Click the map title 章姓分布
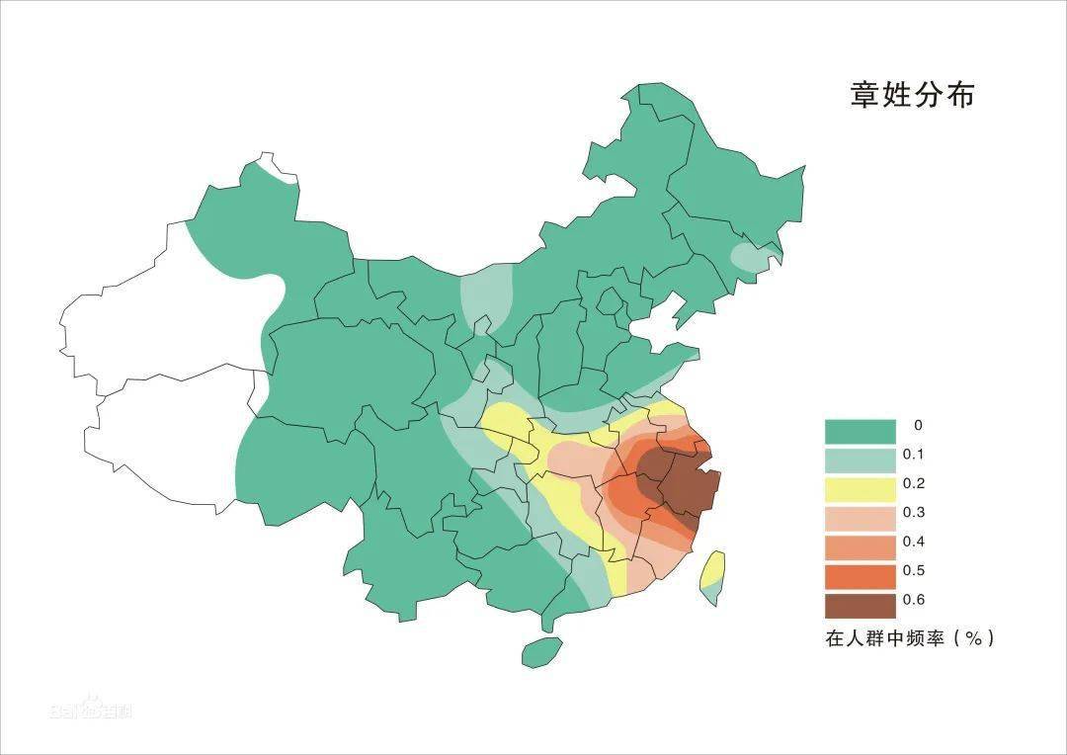pyautogui.click(x=912, y=95)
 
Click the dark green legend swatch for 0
pyautogui.click(x=860, y=432)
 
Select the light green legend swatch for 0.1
pyautogui.click(x=860, y=461)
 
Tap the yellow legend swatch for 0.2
pyautogui.click(x=860, y=489)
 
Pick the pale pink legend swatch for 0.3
pyautogui.click(x=860, y=518)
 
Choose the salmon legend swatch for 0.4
pyautogui.click(x=860, y=546)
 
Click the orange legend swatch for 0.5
pyautogui.click(x=860, y=575)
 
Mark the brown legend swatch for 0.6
pyautogui.click(x=860, y=604)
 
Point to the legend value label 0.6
pyautogui.click(x=913, y=600)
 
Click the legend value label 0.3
pyautogui.click(x=913, y=513)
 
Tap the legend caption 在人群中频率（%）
pyautogui.click(x=910, y=638)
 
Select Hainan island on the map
pyautogui.click(x=541, y=651)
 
